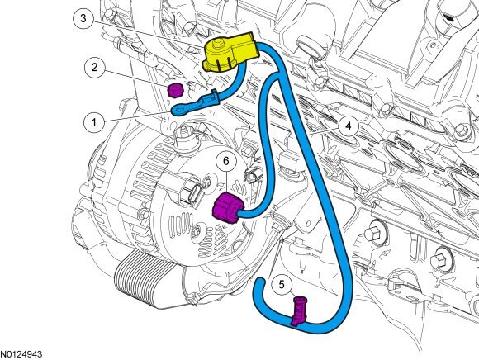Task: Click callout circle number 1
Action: tap(94, 122)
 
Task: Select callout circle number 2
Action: tap(94, 68)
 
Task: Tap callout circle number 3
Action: tap(83, 18)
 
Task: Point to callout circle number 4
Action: tap(349, 126)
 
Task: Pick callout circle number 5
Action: tap(281, 285)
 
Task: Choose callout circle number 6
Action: tap(225, 161)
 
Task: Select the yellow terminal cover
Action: tap(230, 54)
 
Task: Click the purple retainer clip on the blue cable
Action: tap(299, 310)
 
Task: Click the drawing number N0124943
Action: tap(21, 354)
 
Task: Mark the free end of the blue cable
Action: tap(260, 282)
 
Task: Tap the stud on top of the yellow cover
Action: tap(217, 45)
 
